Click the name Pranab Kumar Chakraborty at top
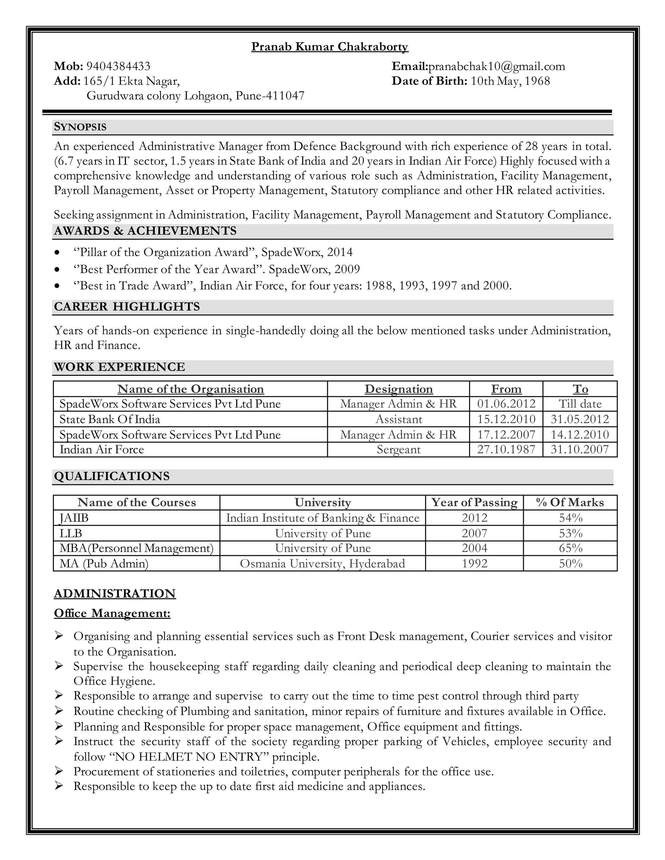tap(330, 47)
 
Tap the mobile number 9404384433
tap(118, 66)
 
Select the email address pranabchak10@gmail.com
tap(496, 66)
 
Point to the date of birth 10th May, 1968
tap(510, 81)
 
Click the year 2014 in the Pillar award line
tap(340, 252)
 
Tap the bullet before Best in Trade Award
tap(58, 286)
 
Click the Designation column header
tap(398, 389)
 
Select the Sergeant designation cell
tap(398, 450)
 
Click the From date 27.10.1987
tap(506, 450)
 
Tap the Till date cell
tap(580, 404)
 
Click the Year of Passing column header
tap(474, 502)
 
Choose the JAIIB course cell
tap(74, 518)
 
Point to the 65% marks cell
tap(571, 548)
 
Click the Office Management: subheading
tap(112, 613)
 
